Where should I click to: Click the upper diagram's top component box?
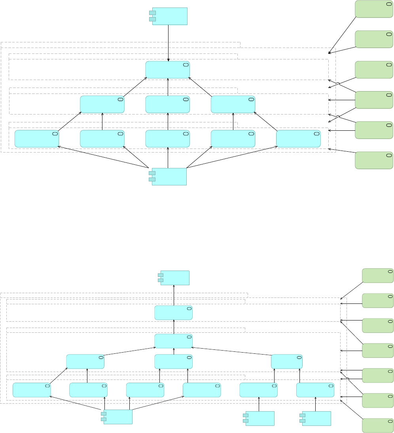coord(170,16)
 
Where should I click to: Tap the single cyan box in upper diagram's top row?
coord(168,70)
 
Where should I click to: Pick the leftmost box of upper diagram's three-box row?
coord(102,104)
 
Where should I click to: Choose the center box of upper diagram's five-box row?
coord(168,139)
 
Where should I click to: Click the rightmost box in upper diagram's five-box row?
coord(298,139)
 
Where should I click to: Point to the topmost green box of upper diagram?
coord(374,9)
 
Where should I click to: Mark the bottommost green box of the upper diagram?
coord(374,160)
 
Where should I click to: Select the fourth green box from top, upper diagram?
coord(374,100)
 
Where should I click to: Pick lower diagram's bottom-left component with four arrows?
coord(118,417)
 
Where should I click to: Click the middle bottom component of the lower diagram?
coord(260,418)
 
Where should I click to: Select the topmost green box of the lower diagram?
coord(378,275)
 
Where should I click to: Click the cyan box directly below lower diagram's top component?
coord(174,313)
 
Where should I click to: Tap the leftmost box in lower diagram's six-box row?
coord(32,390)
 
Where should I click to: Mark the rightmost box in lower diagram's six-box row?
coord(315,390)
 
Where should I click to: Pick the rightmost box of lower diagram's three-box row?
coord(287,362)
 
